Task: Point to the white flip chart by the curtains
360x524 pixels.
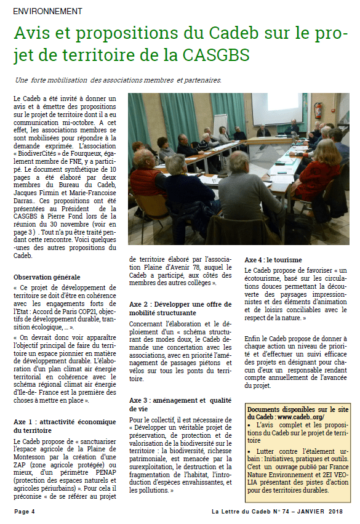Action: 219,123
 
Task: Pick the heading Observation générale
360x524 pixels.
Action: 47,277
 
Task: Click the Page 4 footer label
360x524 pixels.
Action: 25,511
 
